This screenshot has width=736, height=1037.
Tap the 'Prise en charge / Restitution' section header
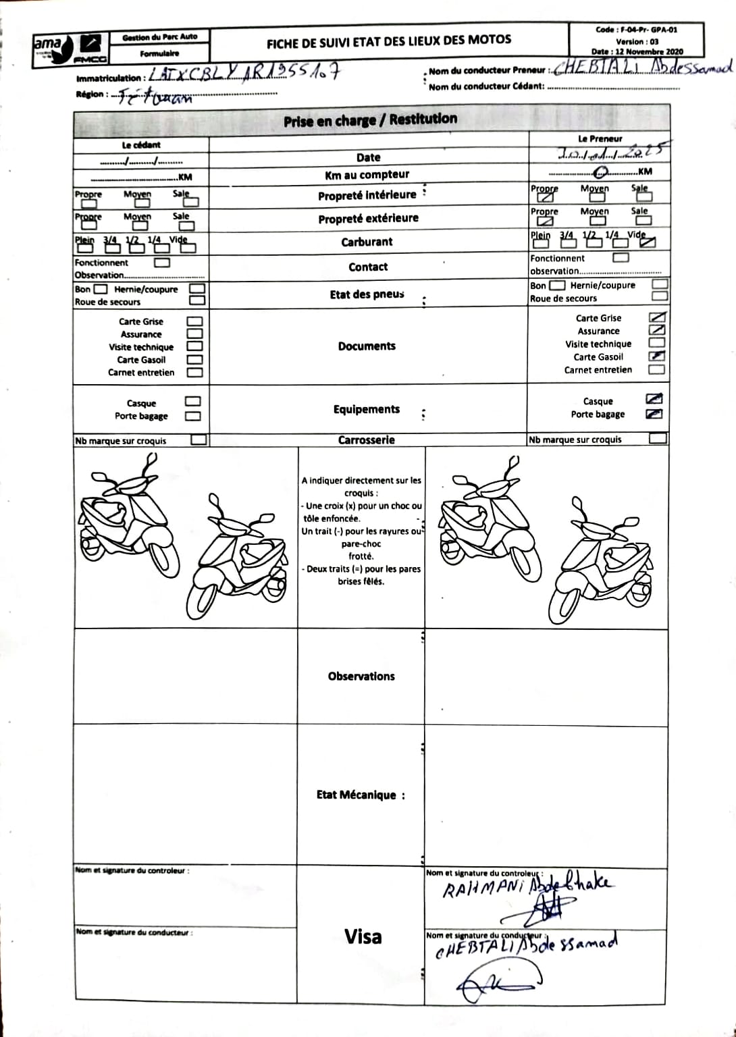[x=370, y=120]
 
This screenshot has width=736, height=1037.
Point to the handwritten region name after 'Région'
[x=155, y=97]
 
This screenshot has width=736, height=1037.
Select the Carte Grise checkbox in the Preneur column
[x=656, y=317]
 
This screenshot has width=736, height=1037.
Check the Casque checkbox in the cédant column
[x=193, y=402]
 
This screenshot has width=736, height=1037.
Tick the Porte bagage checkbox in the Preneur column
[x=654, y=414]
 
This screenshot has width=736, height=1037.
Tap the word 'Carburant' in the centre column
[x=367, y=242]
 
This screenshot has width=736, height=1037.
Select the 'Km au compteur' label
[x=367, y=175]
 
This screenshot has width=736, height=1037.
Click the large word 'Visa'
[x=363, y=936]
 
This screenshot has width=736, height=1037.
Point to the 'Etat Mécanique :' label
[x=361, y=795]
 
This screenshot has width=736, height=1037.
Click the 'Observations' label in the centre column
[x=361, y=676]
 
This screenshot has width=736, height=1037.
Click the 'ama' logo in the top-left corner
[x=48, y=45]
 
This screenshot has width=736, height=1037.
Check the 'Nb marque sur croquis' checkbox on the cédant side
[x=199, y=440]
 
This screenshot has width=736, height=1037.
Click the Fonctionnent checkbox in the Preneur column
[x=621, y=257]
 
